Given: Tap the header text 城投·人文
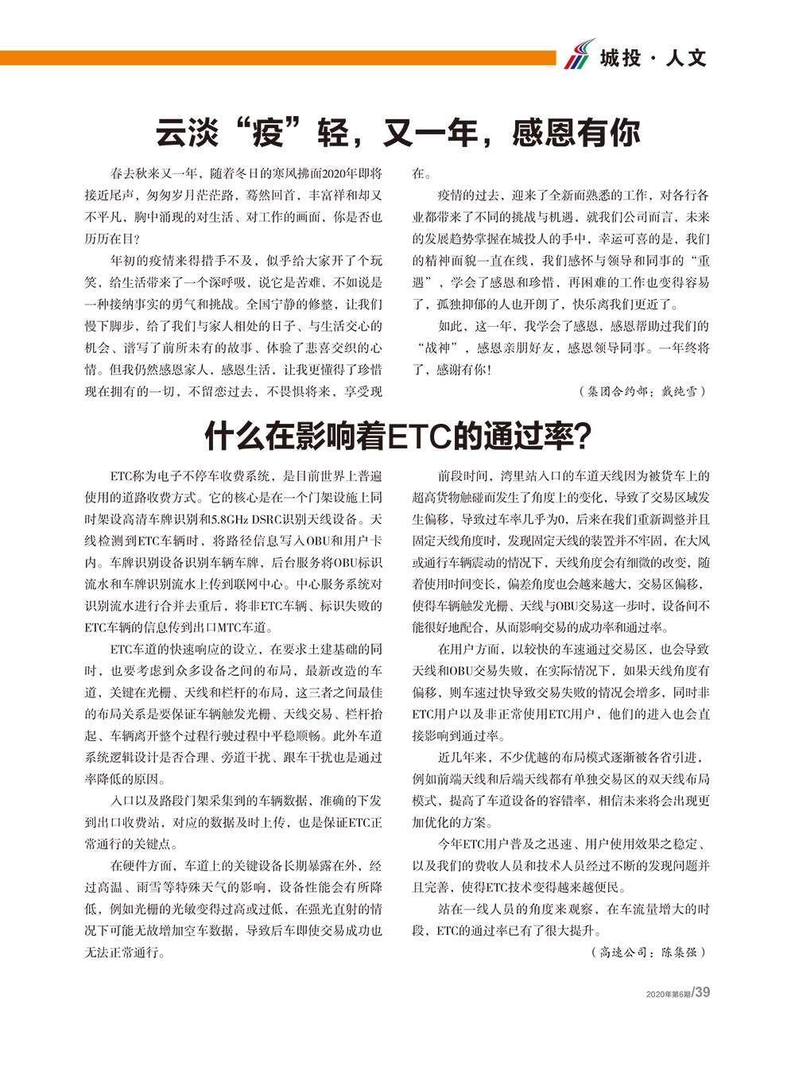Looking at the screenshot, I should (653, 57).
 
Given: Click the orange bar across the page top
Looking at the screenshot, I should (278, 58).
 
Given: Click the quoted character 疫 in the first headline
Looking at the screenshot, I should (268, 132).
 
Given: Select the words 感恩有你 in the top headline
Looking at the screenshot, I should (576, 132).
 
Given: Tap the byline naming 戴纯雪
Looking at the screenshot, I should (643, 391).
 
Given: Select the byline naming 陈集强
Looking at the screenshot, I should (649, 952).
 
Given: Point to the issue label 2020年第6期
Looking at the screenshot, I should (668, 994).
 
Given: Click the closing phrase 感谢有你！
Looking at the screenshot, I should (464, 370).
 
